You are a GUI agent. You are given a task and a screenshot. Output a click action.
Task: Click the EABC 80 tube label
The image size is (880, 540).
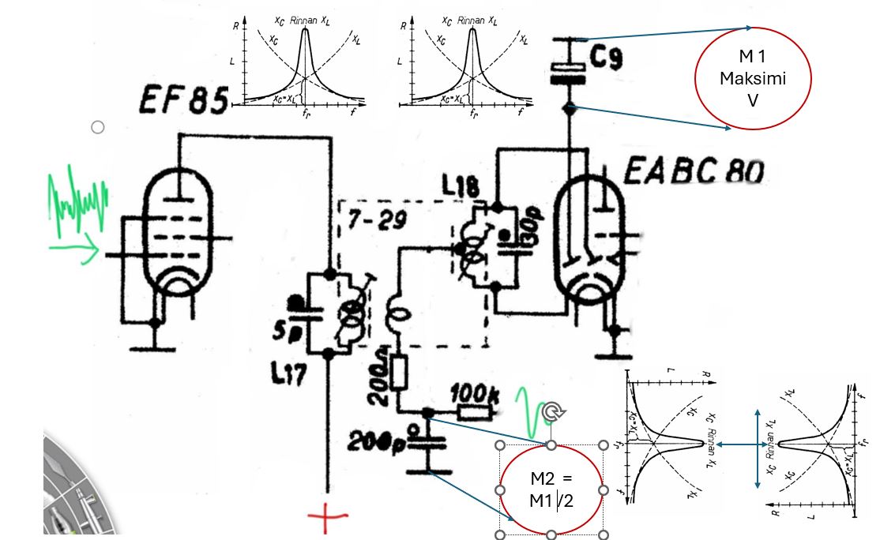[693, 171]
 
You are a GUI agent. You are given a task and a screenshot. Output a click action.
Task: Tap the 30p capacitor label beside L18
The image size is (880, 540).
[532, 228]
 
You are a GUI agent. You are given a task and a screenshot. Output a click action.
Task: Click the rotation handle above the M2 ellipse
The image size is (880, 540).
[551, 410]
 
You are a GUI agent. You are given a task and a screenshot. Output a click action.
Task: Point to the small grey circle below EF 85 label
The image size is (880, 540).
[98, 127]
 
